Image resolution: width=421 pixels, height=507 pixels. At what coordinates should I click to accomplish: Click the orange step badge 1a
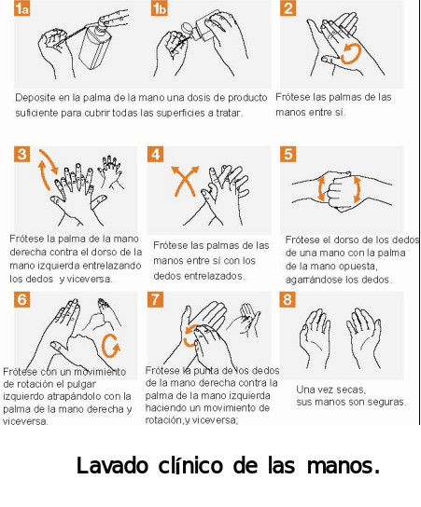21,8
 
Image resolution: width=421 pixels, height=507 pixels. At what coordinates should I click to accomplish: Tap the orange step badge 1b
159,8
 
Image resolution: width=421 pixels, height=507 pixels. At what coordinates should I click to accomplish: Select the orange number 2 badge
288,8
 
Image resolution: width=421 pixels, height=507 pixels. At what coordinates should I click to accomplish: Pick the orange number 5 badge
288,154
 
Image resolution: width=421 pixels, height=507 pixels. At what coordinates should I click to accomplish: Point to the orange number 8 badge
288,299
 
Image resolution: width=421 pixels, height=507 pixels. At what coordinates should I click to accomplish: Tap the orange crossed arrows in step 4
185,181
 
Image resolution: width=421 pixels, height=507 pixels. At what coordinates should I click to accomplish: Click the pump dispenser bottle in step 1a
94,46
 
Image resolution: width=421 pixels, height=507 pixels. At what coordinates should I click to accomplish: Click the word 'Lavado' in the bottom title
112,466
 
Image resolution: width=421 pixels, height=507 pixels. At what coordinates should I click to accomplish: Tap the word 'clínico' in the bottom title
190,466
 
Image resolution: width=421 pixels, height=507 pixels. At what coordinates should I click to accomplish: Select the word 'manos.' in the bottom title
344,466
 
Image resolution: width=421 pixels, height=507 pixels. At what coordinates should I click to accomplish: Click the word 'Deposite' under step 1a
35,98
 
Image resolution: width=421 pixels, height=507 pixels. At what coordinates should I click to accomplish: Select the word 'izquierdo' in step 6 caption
23,396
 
